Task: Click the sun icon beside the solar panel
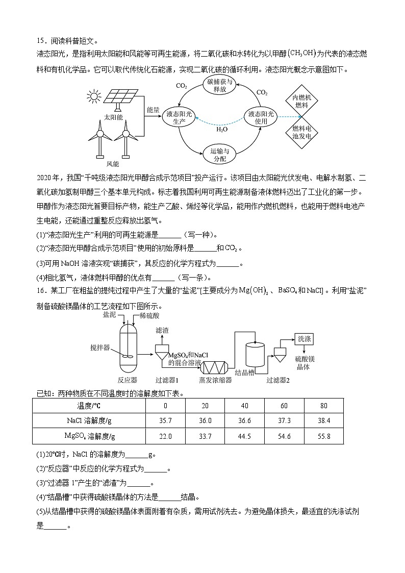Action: tap(93, 96)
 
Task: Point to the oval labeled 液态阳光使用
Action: tap(261, 118)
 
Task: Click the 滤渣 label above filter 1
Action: tap(163, 331)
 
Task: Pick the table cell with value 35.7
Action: tap(165, 420)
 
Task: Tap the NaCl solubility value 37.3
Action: tap(284, 420)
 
